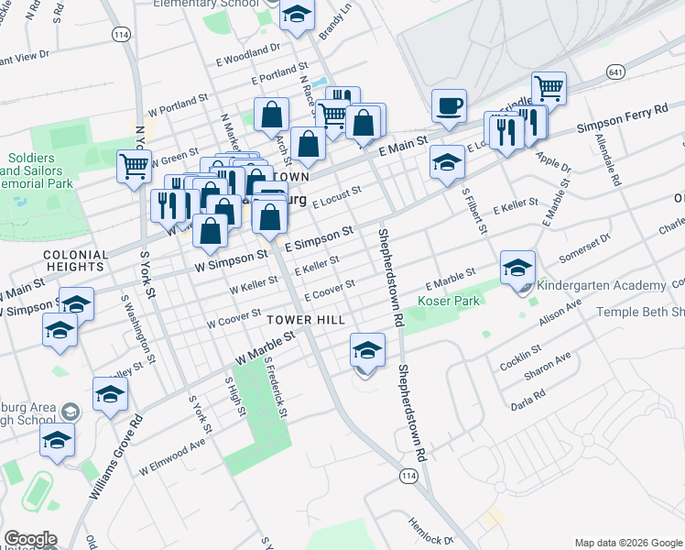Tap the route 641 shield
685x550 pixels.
(x=615, y=71)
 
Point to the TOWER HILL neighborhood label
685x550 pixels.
(x=306, y=319)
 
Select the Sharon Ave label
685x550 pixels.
(x=548, y=367)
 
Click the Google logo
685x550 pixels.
(x=30, y=539)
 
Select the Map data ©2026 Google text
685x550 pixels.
(x=627, y=543)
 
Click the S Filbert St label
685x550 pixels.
(x=473, y=208)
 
